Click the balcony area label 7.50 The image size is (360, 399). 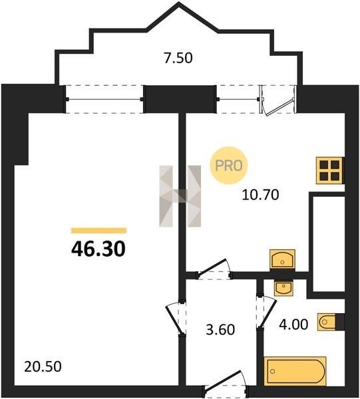tap(178, 58)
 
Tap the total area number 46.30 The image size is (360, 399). tap(98, 249)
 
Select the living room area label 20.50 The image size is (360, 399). tap(43, 366)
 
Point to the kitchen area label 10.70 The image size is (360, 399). tap(260, 195)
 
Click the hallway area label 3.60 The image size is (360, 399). tap(220, 330)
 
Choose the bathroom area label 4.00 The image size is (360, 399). tap(293, 325)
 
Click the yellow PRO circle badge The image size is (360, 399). tap(229, 166)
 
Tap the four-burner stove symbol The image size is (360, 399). tap(330, 170)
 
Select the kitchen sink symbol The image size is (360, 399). tap(282, 260)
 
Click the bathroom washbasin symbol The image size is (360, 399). tap(283, 289)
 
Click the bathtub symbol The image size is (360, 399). tap(295, 371)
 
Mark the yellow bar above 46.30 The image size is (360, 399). tap(98, 231)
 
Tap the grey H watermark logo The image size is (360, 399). tap(180, 196)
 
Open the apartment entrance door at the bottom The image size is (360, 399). tap(226, 386)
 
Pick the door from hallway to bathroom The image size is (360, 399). tap(266, 311)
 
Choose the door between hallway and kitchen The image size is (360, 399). tap(214, 270)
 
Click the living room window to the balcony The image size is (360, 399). tap(104, 99)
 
